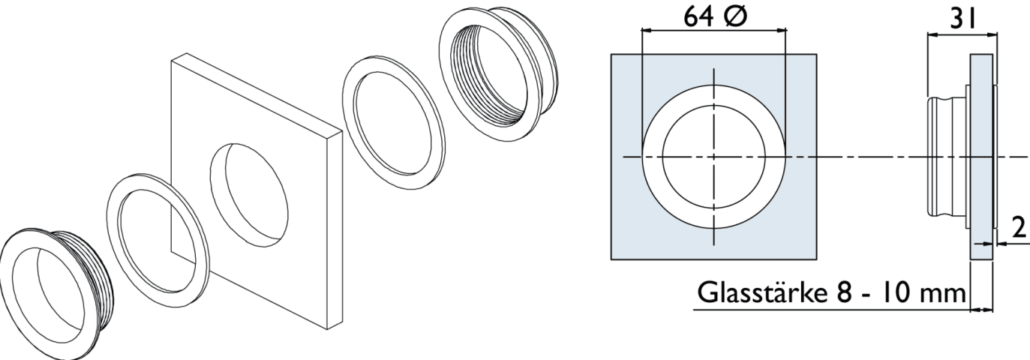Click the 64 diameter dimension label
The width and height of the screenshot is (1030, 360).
[x=716, y=16]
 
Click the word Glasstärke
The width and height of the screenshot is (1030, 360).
[x=761, y=292]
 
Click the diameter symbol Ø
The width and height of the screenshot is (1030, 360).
[x=734, y=16]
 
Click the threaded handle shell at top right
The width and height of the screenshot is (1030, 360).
[x=500, y=73]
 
